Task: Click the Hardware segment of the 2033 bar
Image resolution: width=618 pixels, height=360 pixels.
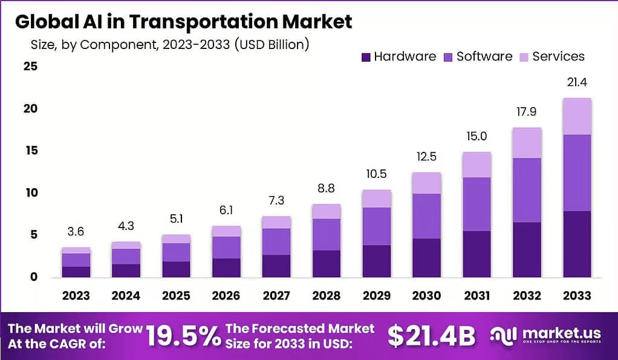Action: pyautogui.click(x=577, y=244)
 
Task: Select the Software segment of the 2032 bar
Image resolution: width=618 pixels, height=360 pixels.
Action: pyautogui.click(x=527, y=190)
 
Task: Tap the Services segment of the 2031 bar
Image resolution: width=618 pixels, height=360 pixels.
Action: pyautogui.click(x=477, y=165)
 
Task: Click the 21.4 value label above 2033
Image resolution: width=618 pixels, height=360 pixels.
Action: pyautogui.click(x=577, y=82)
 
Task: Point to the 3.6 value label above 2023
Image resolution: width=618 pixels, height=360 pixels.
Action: pyautogui.click(x=76, y=231)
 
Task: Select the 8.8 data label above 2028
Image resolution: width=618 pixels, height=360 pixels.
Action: pyautogui.click(x=327, y=188)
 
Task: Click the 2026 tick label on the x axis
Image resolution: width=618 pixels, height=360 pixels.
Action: pyautogui.click(x=226, y=295)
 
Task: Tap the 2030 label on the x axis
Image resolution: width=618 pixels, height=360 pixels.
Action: pyautogui.click(x=426, y=295)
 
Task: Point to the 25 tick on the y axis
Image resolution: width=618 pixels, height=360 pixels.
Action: pyautogui.click(x=31, y=67)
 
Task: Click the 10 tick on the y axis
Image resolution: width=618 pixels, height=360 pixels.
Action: pyautogui.click(x=31, y=193)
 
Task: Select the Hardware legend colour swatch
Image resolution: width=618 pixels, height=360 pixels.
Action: pyautogui.click(x=366, y=57)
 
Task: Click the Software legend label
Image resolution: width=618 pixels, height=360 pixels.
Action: pyautogui.click(x=484, y=57)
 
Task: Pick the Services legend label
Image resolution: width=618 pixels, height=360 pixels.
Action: pyautogui.click(x=558, y=57)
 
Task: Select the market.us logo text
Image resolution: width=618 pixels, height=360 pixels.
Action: pyautogui.click(x=562, y=333)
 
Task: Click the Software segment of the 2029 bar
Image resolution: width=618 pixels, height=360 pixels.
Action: pyautogui.click(x=377, y=226)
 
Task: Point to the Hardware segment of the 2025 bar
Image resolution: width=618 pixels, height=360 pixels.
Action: pyautogui.click(x=176, y=269)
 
